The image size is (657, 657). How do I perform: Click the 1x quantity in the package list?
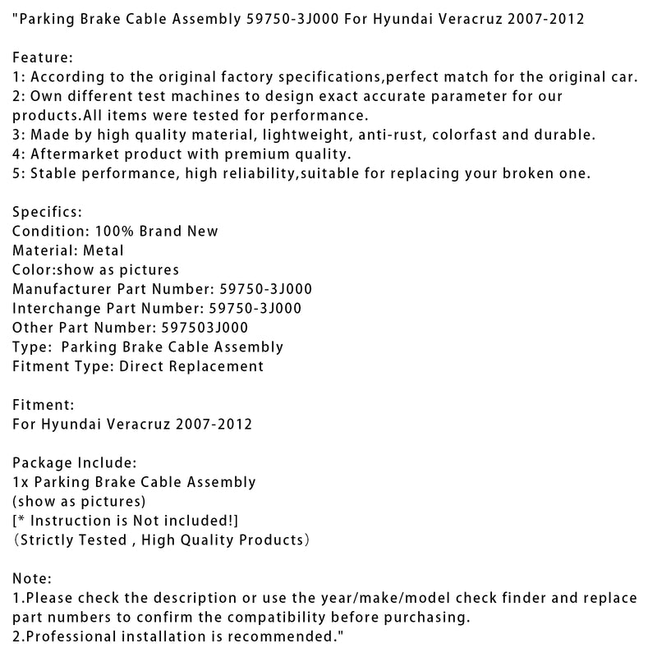click(21, 482)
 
